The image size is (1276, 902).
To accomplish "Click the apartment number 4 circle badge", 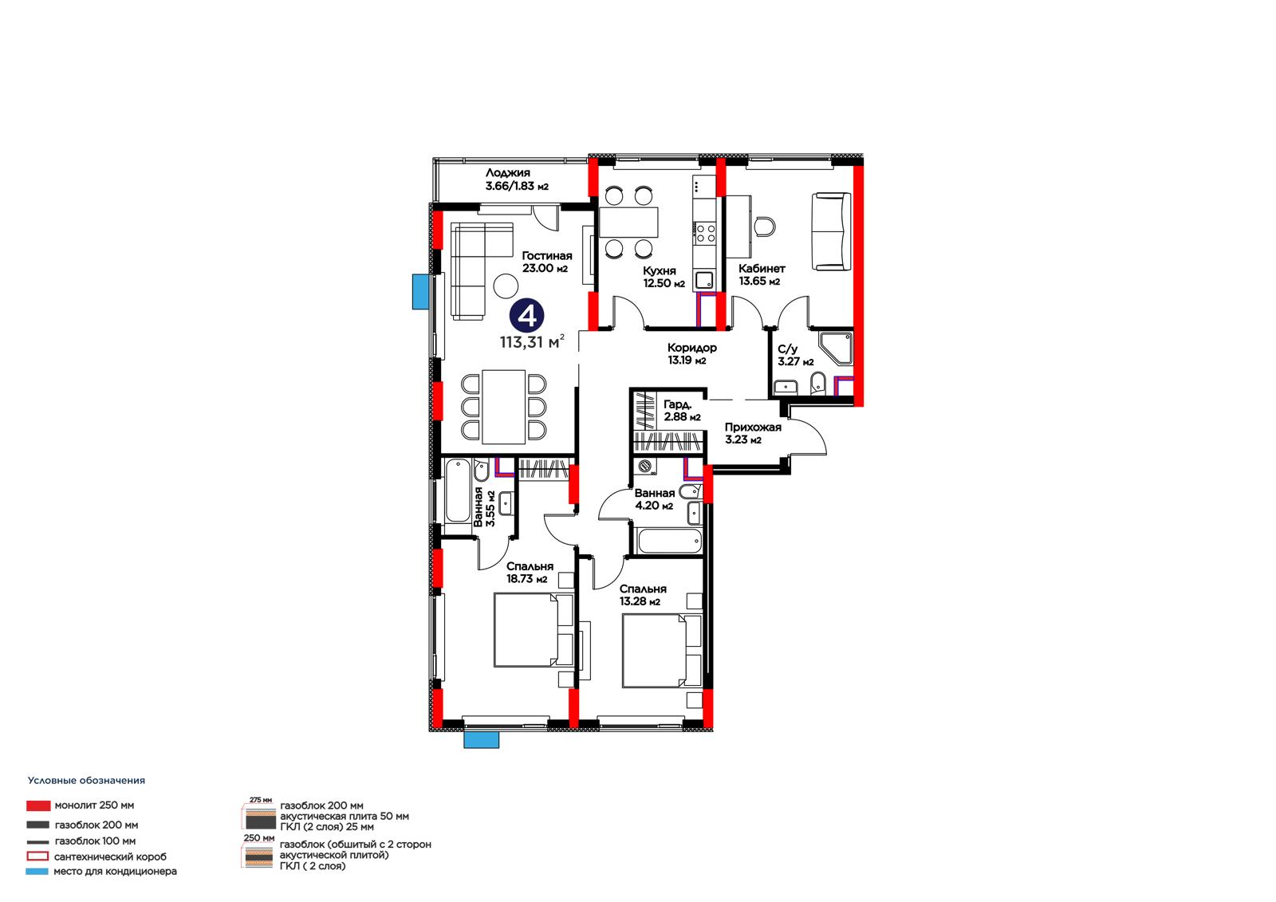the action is (x=526, y=314).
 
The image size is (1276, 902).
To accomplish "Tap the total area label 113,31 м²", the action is (x=532, y=341).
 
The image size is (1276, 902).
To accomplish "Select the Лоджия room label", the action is (x=507, y=172).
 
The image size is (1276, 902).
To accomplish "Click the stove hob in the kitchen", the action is (x=705, y=234).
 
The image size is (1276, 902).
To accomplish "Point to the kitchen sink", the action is (x=704, y=280).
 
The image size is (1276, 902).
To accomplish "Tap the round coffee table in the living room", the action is (x=506, y=286).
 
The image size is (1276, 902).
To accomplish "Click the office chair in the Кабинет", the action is (x=765, y=226).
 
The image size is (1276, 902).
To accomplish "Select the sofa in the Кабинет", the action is (x=831, y=231).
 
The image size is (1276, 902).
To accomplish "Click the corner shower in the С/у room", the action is (x=836, y=349).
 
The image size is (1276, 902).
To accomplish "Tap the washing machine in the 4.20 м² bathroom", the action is (x=645, y=467).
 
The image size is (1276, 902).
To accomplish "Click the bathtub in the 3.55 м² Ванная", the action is (x=458, y=491).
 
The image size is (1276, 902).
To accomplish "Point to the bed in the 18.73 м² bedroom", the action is (x=534, y=629).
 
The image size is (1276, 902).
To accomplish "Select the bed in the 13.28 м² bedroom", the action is (x=661, y=651).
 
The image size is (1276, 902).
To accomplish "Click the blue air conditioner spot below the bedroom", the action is (x=482, y=739).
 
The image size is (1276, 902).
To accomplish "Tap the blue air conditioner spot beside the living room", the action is (x=419, y=291).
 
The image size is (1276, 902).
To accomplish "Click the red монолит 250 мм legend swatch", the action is (x=38, y=805).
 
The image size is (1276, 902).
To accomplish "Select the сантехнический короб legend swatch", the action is (x=37, y=856).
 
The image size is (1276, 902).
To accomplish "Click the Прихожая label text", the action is (x=753, y=427).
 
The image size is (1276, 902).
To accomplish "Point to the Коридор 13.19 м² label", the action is (x=691, y=353).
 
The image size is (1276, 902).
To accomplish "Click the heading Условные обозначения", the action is (x=87, y=780).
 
